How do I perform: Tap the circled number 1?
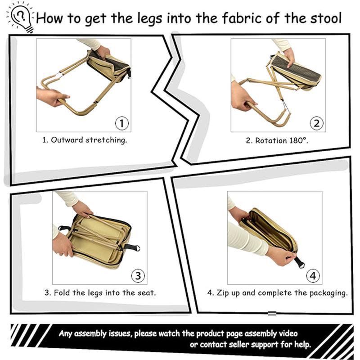[122, 123]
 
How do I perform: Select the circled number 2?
[317, 123]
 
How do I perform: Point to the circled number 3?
[137, 275]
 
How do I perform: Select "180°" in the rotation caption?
[298, 140]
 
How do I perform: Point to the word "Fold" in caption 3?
[62, 292]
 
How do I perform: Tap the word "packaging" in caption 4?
[328, 293]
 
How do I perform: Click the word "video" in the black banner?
[286, 334]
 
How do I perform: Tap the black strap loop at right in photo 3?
[132, 247]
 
